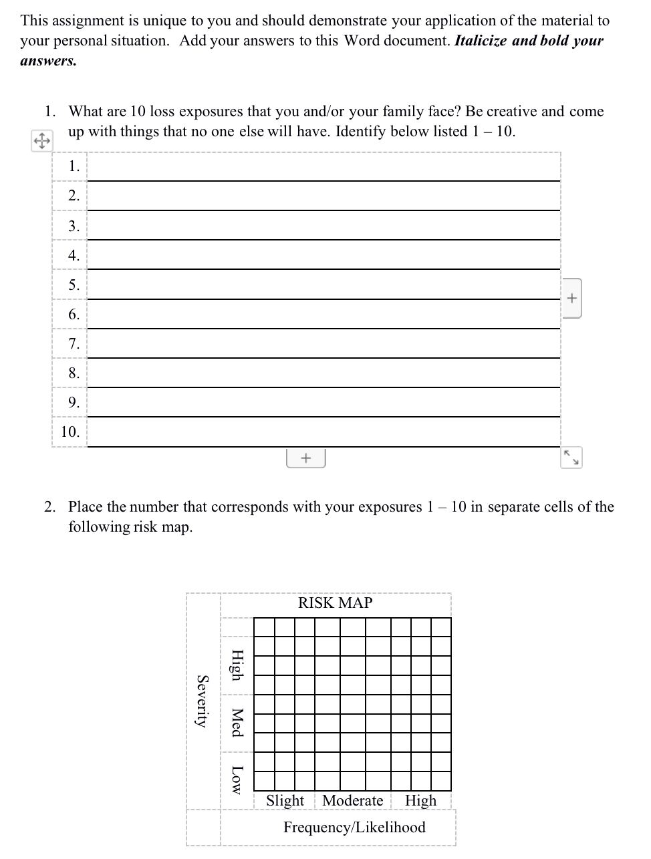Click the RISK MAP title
coord(335,603)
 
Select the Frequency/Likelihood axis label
coord(354,827)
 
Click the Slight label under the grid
coord(285,800)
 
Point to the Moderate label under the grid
coord(352,800)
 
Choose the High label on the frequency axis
coord(420,800)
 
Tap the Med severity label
coord(236,722)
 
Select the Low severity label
coord(236,780)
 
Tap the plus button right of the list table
coord(571,298)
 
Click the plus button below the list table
coord(305,458)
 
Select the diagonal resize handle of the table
coord(571,458)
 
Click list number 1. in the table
coord(74,166)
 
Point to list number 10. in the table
coord(70,432)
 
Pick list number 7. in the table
coord(74,343)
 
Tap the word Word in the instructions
coord(362,41)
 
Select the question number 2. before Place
coord(50,507)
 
